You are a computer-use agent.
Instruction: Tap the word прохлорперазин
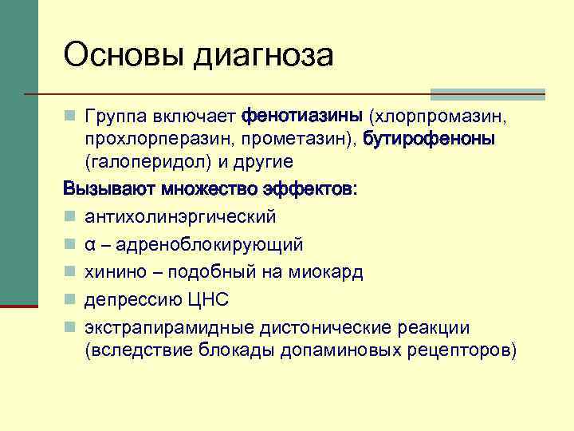tap(150, 139)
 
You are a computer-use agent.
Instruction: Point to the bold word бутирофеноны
tap(429, 139)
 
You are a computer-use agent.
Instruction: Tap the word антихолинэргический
tap(180, 216)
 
